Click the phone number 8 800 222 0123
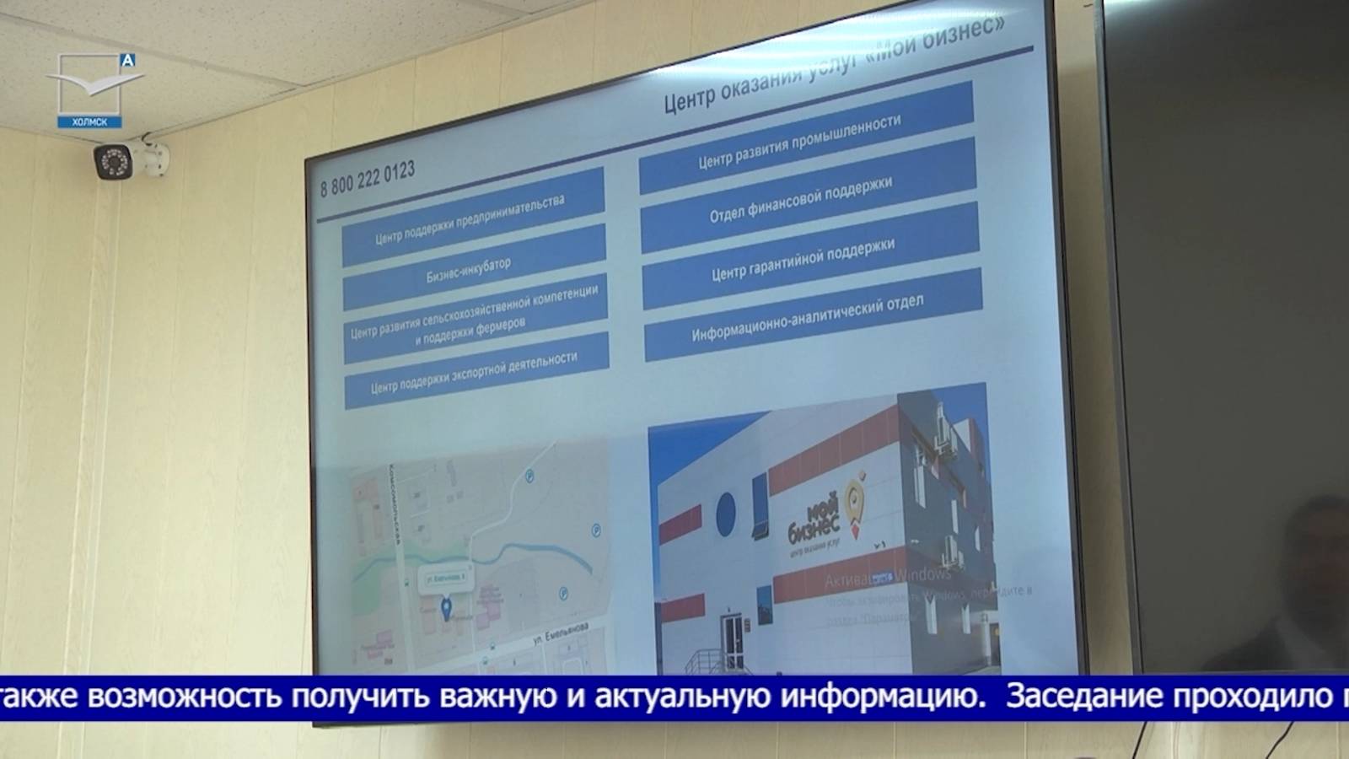(368, 179)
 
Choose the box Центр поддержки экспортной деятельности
(476, 373)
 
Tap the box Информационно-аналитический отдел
(808, 317)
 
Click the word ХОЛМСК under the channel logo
(89, 122)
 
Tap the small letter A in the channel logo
(127, 60)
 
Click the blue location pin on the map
(447, 606)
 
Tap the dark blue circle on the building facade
(725, 513)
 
